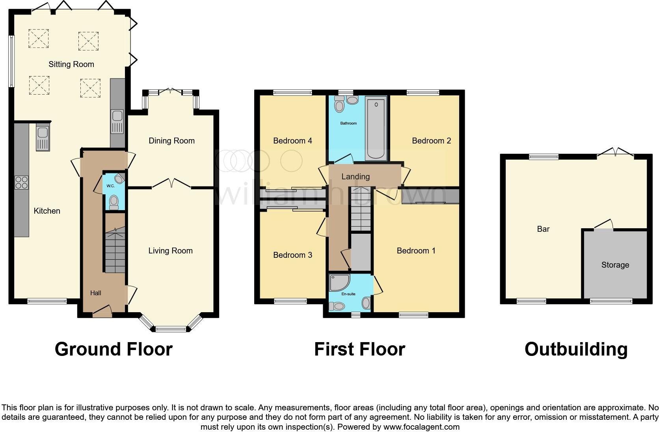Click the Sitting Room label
[71, 64]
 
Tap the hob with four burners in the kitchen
[21, 182]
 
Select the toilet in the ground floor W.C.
[114, 202]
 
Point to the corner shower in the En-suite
[339, 283]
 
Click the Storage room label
[615, 265]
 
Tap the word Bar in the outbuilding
[543, 229]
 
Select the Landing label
[356, 177]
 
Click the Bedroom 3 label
[292, 255]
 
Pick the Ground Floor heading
[114, 349]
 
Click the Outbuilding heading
[576, 349]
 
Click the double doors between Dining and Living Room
[171, 183]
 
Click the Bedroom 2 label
[431, 141]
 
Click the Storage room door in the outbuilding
[604, 225]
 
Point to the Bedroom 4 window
[292, 93]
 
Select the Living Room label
[170, 251]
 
